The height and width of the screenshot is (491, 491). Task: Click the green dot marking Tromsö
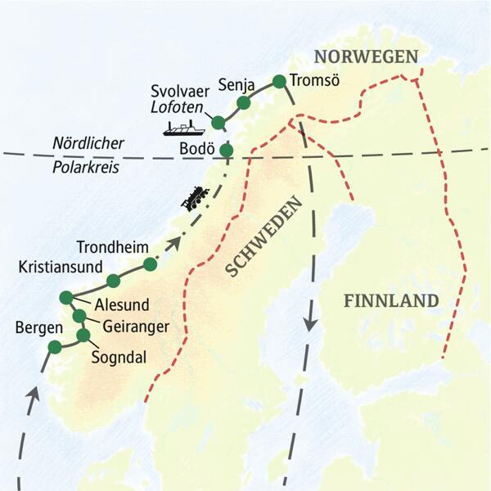point(279,80)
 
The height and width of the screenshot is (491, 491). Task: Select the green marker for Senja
point(242,102)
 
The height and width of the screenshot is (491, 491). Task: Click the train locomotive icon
point(196,198)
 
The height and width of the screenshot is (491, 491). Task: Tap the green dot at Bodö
point(226,150)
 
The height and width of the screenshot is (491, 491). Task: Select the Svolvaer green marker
point(218,122)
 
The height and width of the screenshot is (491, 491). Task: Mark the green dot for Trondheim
point(150,264)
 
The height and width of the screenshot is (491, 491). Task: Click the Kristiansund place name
point(60,267)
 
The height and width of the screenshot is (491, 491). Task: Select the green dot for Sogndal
point(83,335)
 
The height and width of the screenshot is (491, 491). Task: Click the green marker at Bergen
point(54,348)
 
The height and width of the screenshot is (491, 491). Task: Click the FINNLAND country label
point(391,300)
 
